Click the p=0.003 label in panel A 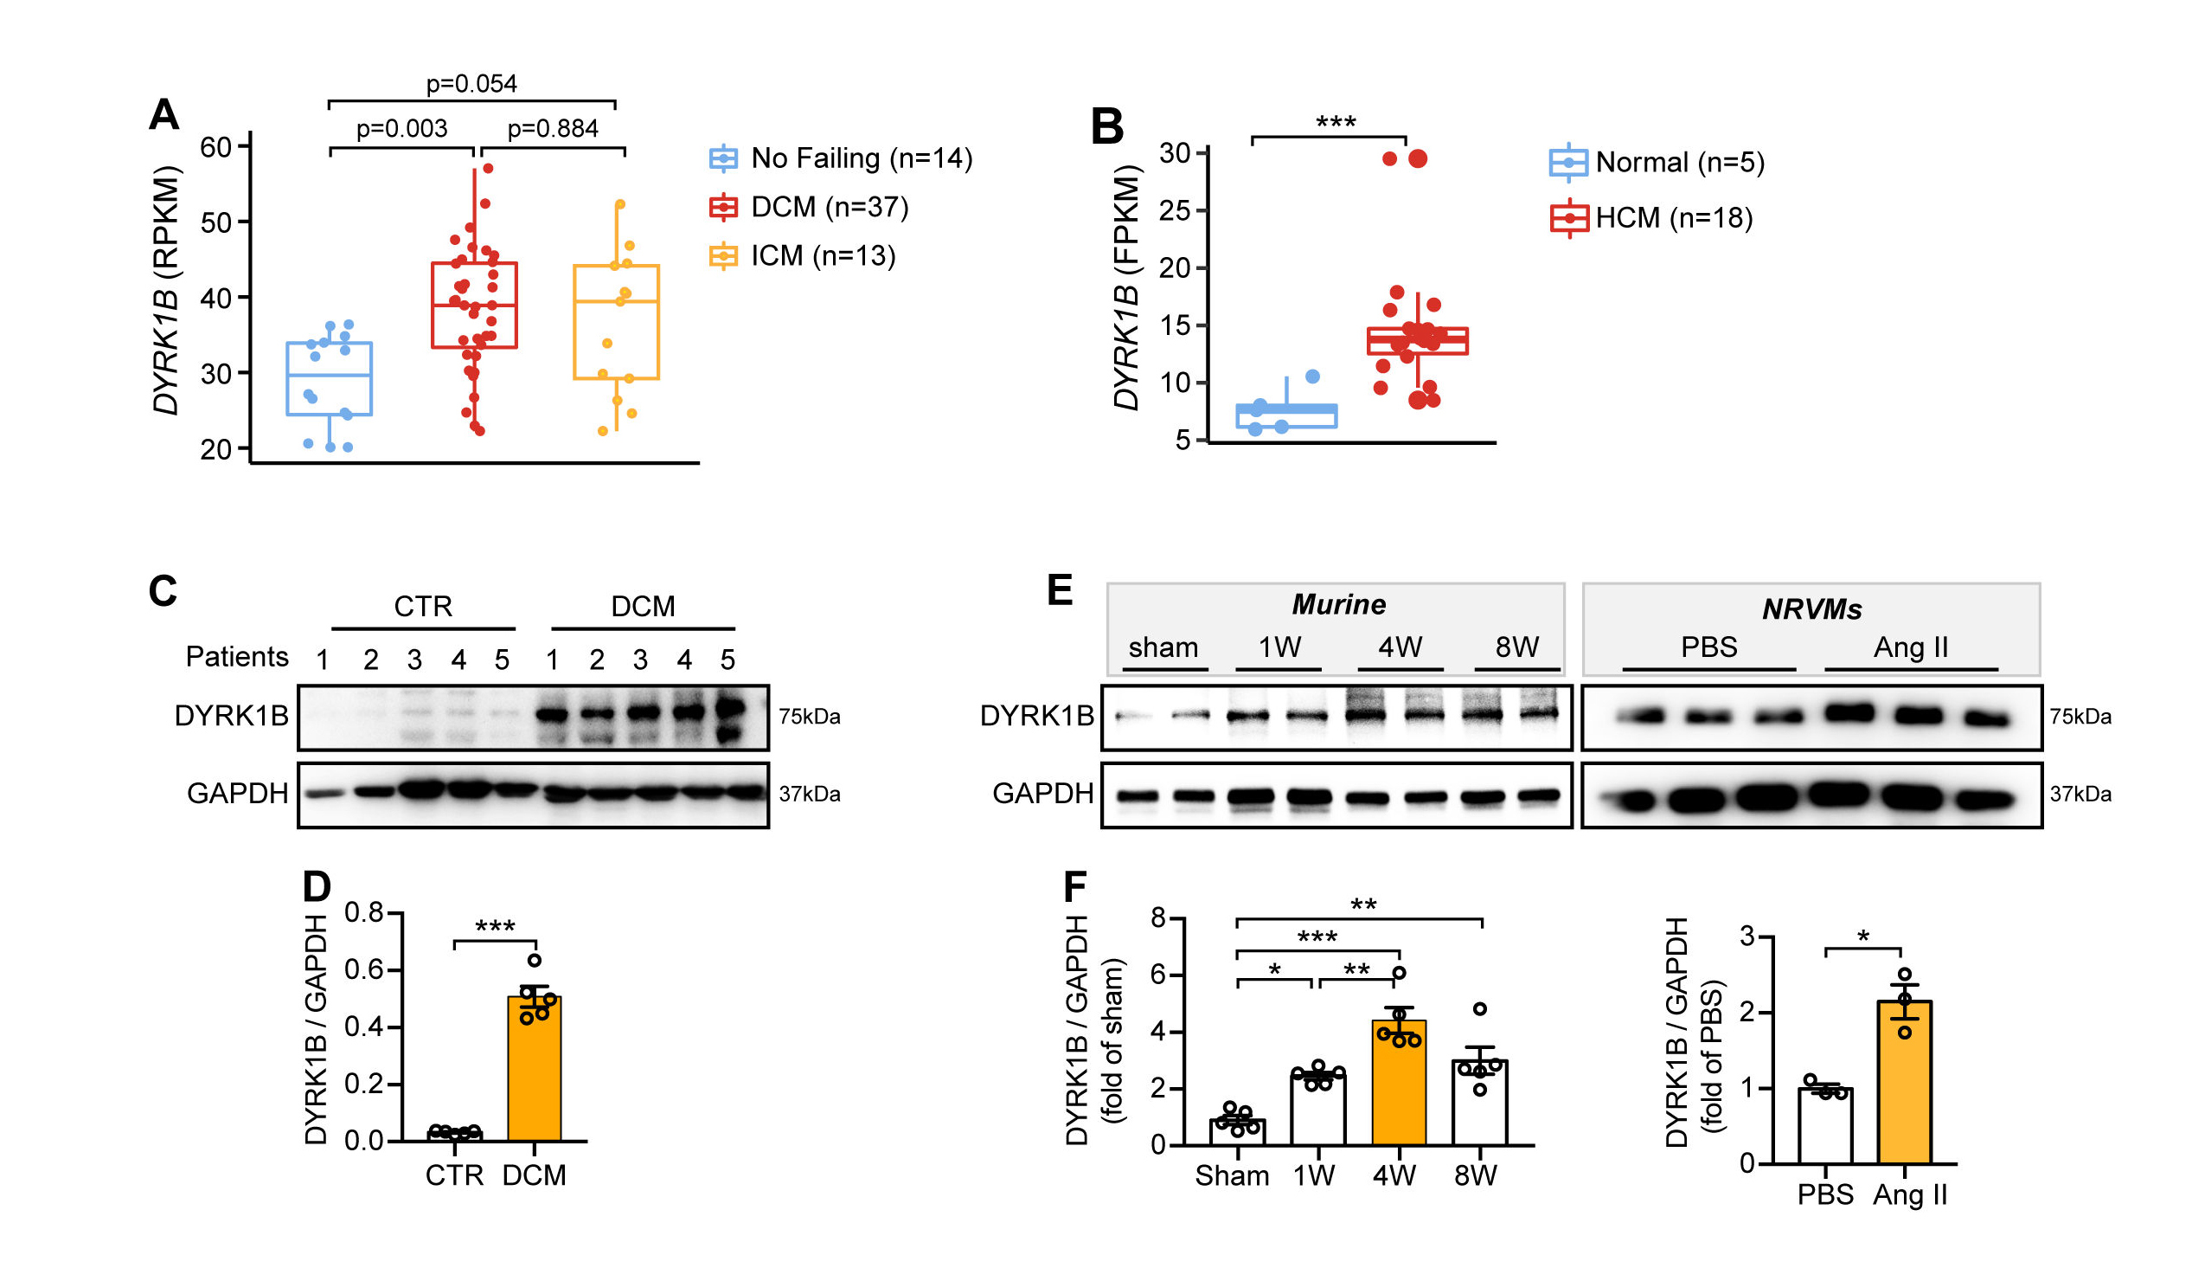click(402, 129)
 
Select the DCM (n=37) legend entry click(829, 207)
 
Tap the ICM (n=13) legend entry click(822, 256)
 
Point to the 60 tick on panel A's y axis click(215, 147)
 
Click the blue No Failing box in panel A click(329, 378)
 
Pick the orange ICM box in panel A click(616, 322)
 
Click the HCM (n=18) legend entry click(1673, 217)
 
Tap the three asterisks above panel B click(1336, 123)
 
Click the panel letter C click(163, 591)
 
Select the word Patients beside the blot click(237, 656)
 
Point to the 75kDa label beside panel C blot click(809, 717)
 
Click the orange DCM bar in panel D click(534, 1071)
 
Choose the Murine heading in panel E click(1338, 604)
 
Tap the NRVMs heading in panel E click(1811, 609)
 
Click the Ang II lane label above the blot click(1910, 647)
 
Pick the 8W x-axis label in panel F click(1475, 1175)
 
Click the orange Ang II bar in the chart click(1904, 1084)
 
